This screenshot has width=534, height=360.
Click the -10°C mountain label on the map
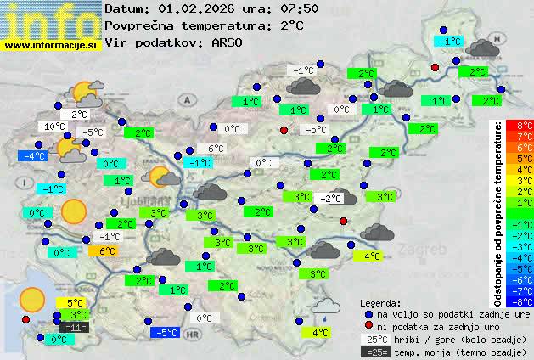[52, 127]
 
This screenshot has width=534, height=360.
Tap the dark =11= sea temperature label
[75, 327]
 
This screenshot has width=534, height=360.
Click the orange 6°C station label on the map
[107, 250]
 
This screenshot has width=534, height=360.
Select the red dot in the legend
[368, 326]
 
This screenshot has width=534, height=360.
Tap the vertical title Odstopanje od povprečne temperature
[498, 212]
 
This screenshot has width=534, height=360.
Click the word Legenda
[381, 302]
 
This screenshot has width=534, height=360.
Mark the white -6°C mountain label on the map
[212, 148]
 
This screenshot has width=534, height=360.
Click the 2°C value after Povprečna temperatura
[290, 25]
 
